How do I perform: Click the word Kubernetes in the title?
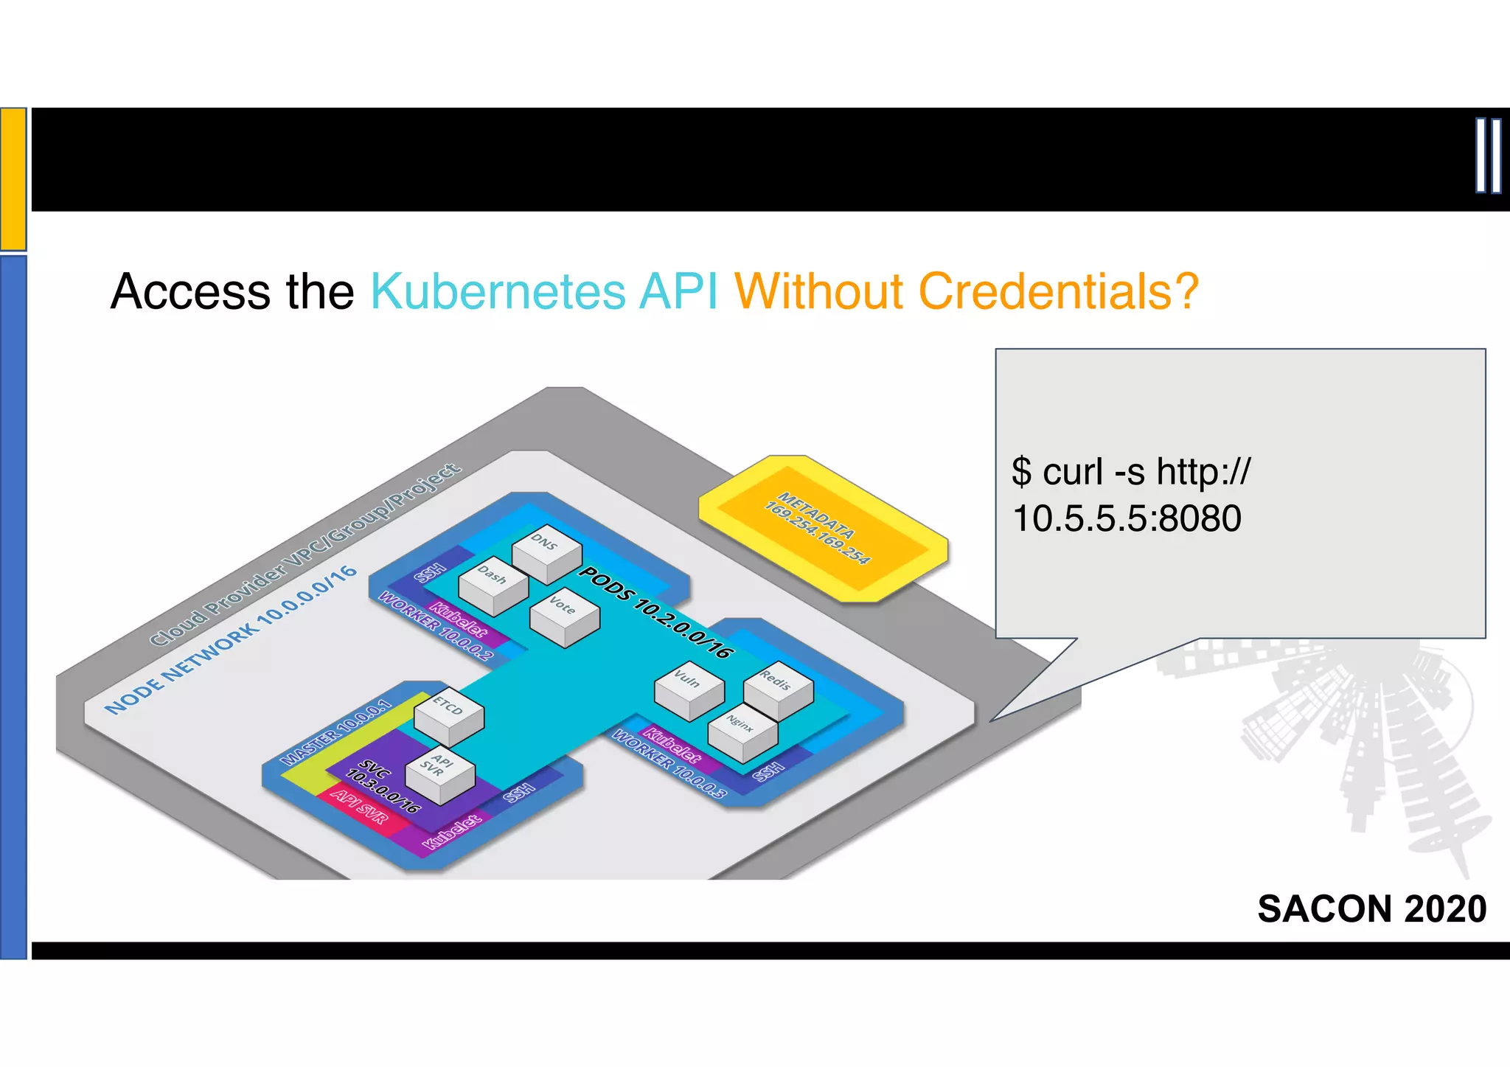[498, 292]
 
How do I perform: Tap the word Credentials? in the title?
[1058, 292]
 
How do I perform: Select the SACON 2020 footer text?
[1371, 908]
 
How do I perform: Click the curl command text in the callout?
[1130, 495]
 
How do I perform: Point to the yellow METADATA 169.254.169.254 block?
[823, 529]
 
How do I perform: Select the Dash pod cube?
[493, 585]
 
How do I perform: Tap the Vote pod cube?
[564, 616]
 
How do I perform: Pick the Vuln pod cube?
[689, 690]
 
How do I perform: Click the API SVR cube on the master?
[440, 776]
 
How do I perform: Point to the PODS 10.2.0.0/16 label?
[655, 611]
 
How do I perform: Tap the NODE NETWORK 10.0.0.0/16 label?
[230, 640]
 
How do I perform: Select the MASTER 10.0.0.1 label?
[337, 731]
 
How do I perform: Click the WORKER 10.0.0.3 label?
[669, 764]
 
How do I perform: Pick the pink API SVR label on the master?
[359, 806]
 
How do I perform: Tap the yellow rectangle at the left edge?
[13, 178]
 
